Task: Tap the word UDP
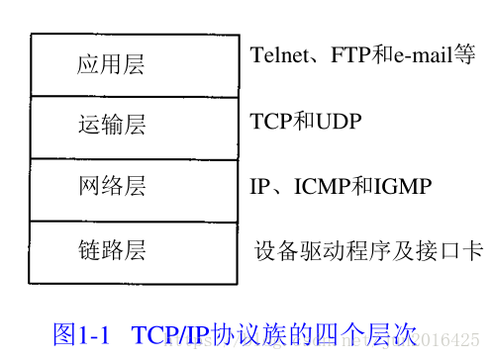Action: [339, 122]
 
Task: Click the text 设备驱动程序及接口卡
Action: [369, 249]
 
